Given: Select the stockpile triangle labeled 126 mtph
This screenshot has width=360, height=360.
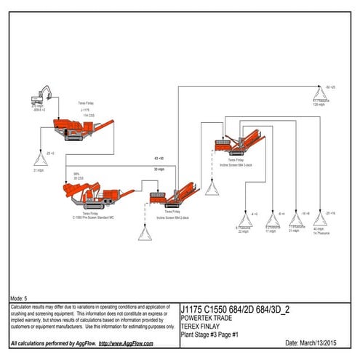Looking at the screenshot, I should pos(320,93).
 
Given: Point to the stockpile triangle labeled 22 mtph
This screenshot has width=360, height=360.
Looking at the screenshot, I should pos(243,221).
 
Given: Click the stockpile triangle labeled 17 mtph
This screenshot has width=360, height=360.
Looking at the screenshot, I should pos(271,221).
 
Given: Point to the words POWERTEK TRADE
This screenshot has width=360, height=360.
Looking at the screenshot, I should pos(205,318).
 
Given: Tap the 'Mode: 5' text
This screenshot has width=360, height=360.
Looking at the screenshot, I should pos(20,298).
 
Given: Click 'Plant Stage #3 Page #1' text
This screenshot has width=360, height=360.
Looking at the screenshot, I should pos(209,334).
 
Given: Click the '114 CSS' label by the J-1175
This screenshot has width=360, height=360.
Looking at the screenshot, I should pos(88,116).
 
